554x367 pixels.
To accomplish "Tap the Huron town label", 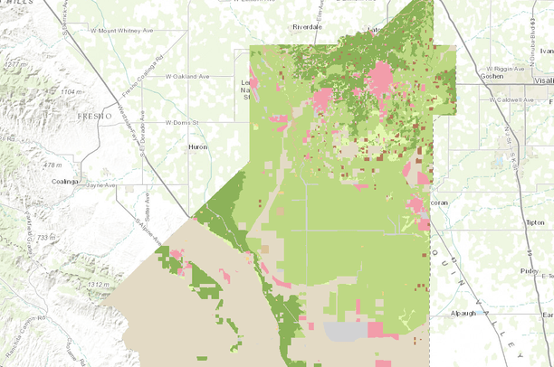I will pyautogui.click(x=197, y=146).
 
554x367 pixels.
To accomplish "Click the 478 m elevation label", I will pyautogui.click(x=52, y=165).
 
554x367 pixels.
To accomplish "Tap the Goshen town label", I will pyautogui.click(x=468, y=78).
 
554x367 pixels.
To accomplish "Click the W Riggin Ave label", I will pyautogui.click(x=504, y=68).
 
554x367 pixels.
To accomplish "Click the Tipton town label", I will pyautogui.click(x=534, y=221).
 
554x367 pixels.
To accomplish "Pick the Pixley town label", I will pyautogui.click(x=529, y=270).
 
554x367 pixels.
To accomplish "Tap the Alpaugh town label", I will pyautogui.click(x=467, y=313).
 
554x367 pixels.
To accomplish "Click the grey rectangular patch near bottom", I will pyautogui.click(x=349, y=331).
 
